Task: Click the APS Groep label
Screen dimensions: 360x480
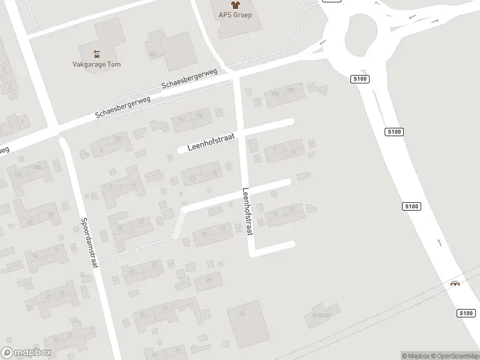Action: [234, 15]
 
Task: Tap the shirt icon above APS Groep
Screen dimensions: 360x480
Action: [234, 5]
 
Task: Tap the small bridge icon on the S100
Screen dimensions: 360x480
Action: [456, 284]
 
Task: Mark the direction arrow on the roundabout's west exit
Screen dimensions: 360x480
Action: [322, 43]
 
